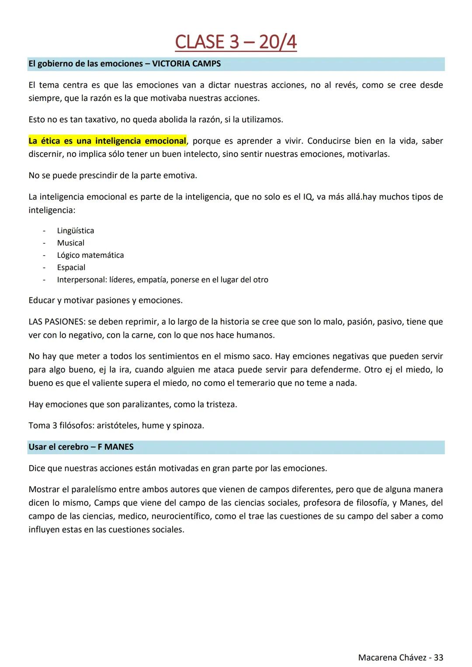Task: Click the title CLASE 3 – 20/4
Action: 236,42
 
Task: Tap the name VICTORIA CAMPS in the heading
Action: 186,64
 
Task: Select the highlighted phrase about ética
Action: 107,141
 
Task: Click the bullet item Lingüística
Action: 75,231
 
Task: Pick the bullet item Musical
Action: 70,243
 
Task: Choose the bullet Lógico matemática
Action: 90,255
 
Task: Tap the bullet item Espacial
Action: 71,267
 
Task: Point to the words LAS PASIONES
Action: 56,322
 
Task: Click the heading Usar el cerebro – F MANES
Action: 81,447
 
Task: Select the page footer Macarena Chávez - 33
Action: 400,657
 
